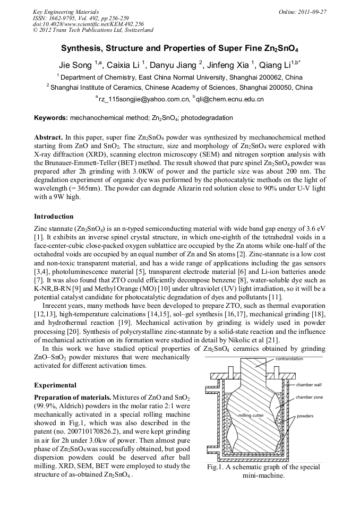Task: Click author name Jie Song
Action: click(x=75, y=65)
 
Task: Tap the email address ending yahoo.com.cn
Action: click(x=144, y=99)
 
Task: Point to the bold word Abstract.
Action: click(x=49, y=137)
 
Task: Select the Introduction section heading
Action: click(x=54, y=217)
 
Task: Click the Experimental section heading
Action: click(x=55, y=385)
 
